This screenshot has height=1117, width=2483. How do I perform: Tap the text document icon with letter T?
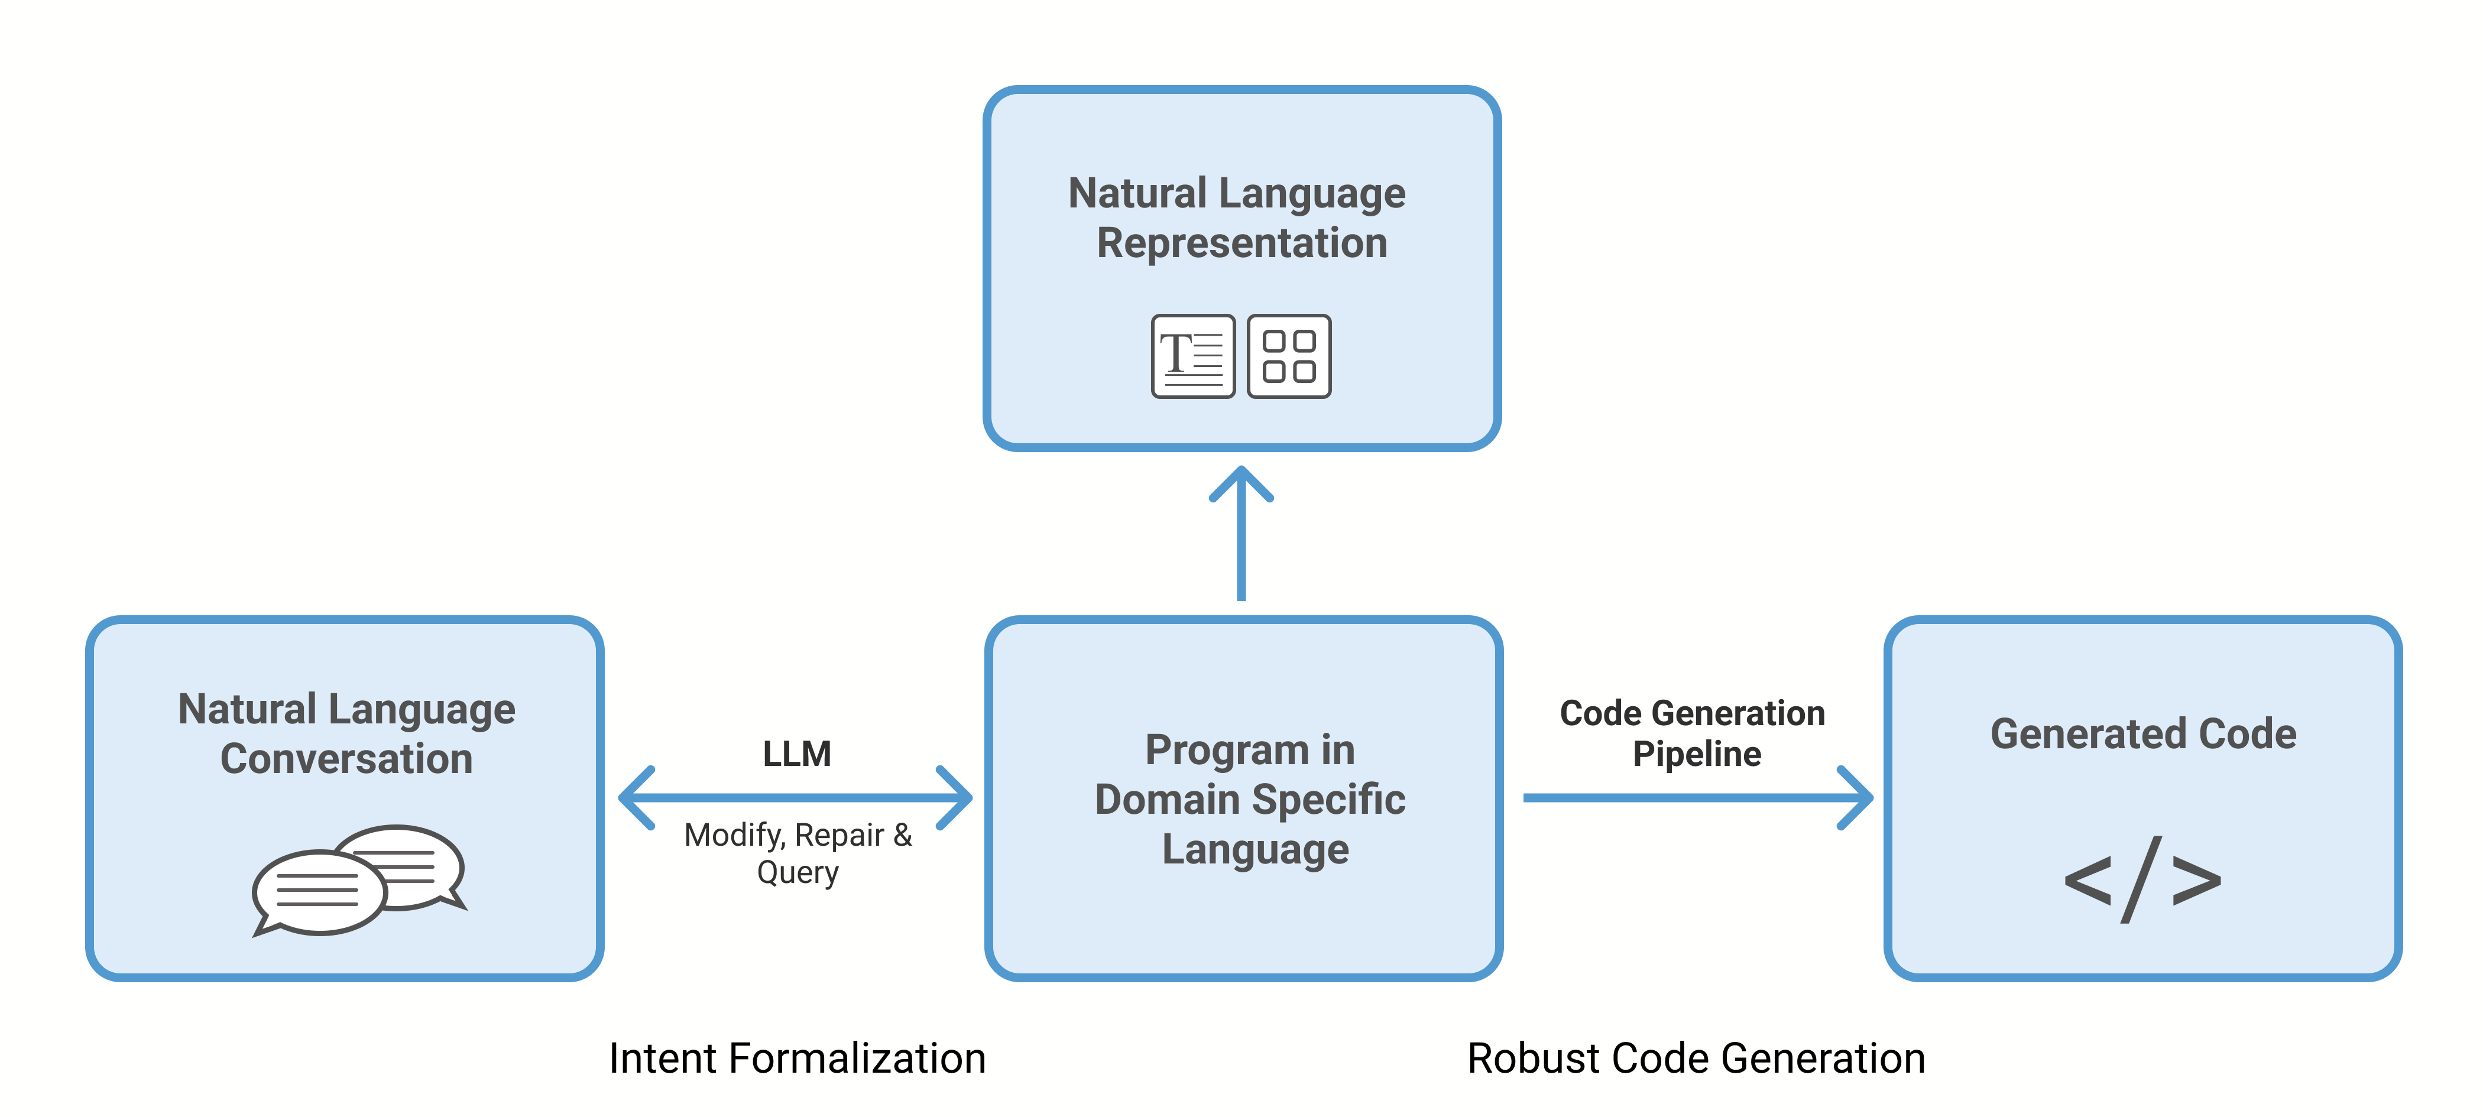point(1192,356)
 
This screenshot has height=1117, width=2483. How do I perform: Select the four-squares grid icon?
point(1289,356)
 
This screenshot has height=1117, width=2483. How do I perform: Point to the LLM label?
point(796,754)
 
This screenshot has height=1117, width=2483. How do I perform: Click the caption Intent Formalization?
point(797,1058)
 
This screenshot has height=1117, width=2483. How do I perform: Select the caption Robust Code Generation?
point(1696,1058)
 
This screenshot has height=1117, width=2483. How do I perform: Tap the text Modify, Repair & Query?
point(797,853)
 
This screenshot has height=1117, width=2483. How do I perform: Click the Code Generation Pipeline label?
point(1694,733)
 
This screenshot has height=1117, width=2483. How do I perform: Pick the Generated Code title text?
point(2142,733)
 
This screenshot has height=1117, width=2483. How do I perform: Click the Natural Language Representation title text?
point(1240,218)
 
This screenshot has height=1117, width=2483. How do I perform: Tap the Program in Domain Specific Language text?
point(1249,799)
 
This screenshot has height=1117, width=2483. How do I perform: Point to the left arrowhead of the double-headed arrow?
point(636,798)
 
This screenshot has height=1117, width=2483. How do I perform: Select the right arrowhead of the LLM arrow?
point(954,798)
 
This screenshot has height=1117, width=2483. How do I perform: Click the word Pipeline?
point(1697,754)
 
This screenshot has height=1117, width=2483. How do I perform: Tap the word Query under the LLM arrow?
point(797,872)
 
